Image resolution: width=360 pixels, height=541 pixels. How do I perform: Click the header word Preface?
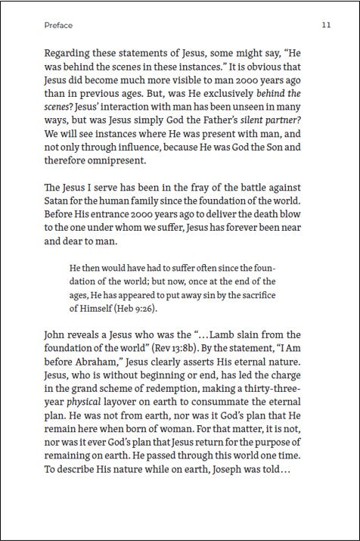(x=58, y=25)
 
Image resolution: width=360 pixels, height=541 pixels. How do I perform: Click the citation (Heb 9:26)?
(x=138, y=308)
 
